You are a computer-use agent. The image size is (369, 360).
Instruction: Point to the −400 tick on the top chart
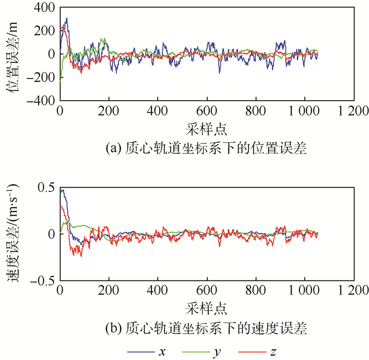[x=41, y=100]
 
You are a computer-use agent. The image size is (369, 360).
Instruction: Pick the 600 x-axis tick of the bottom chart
[x=207, y=291]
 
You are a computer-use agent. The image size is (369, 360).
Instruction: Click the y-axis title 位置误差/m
[x=15, y=54]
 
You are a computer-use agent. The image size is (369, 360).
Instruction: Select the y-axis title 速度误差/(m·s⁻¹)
[x=15, y=234]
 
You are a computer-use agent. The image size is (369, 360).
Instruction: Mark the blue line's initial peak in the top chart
[x=66, y=18]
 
